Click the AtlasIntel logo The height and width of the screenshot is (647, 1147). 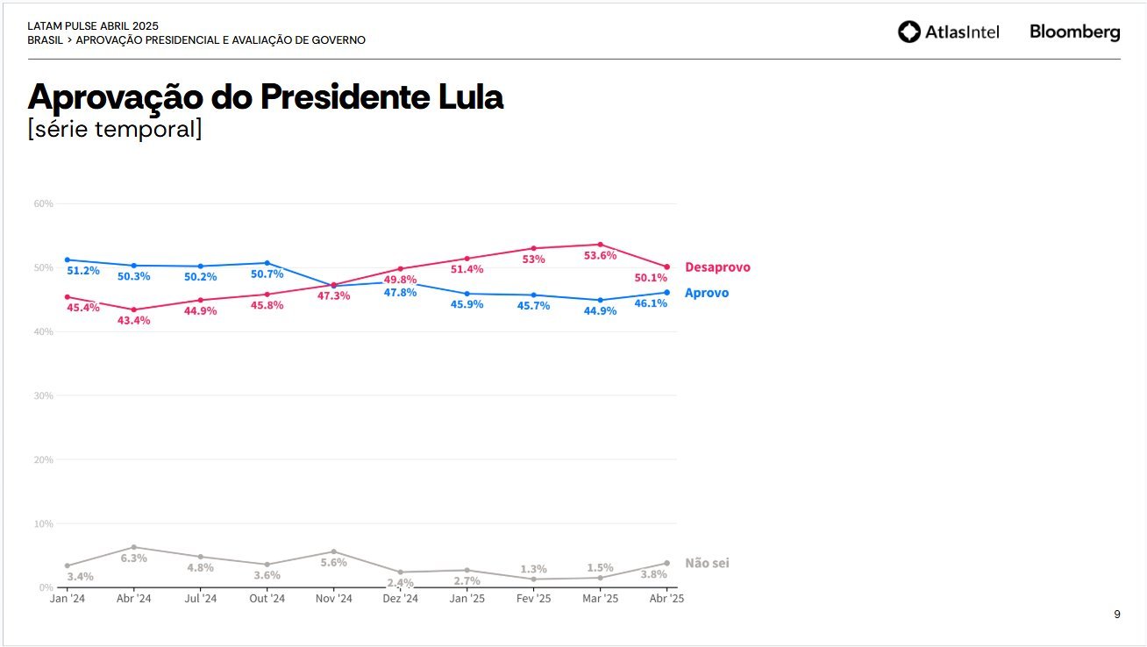pos(948,32)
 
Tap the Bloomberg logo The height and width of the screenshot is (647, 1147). pos(1074,32)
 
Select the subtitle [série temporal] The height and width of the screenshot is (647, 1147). pos(115,129)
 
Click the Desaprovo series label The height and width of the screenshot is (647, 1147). pos(717,267)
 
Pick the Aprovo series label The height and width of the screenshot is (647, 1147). pos(706,293)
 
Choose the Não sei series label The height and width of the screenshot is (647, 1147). pos(707,563)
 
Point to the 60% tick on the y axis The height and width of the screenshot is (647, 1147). pos(43,203)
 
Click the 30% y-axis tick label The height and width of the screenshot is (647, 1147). pos(43,395)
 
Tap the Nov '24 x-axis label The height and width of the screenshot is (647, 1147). pos(333,599)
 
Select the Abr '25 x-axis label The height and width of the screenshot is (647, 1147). pos(666,599)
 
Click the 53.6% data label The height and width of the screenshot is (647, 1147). pos(600,256)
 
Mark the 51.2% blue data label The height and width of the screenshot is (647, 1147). pos(83,271)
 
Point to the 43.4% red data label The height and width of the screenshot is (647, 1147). pos(133,321)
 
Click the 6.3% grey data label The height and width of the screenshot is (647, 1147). pos(133,558)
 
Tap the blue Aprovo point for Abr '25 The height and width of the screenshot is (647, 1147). pos(666,293)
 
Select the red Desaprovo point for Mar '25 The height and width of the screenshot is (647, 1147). pos(600,245)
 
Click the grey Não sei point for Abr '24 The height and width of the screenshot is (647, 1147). pos(133,547)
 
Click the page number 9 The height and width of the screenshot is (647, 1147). pos(1116,615)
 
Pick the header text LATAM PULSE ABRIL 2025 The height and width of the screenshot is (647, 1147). pos(93,26)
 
